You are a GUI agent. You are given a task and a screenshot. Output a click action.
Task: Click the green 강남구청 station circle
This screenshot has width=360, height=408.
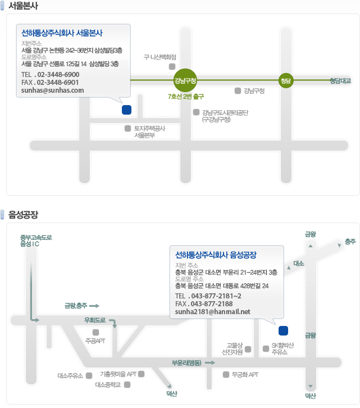pyautogui.click(x=185, y=80)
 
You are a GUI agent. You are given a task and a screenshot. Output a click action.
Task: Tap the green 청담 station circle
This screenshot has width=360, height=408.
pyautogui.click(x=286, y=81)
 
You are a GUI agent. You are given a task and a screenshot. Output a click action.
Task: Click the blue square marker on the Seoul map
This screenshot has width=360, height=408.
pyautogui.click(x=127, y=110)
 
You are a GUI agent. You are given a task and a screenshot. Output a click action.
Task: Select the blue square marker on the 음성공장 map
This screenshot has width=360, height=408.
pyautogui.click(x=283, y=330)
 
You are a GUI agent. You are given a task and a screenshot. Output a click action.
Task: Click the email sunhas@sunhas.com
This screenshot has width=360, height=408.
pyautogui.click(x=53, y=90)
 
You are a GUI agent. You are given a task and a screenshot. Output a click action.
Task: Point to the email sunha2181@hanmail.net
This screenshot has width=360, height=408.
pyautogui.click(x=212, y=312)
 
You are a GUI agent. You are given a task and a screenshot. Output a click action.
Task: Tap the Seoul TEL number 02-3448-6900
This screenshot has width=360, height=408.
pyautogui.click(x=58, y=75)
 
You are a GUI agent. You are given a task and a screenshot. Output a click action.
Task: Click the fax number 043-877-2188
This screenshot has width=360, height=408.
pyautogui.click(x=212, y=304)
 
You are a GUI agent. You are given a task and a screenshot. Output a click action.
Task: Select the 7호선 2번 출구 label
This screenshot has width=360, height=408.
pyautogui.click(x=186, y=97)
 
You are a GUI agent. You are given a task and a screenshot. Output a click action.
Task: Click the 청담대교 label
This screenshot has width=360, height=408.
pyautogui.click(x=340, y=81)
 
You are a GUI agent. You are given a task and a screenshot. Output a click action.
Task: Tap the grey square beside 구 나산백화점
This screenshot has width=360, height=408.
pyautogui.click(x=172, y=66)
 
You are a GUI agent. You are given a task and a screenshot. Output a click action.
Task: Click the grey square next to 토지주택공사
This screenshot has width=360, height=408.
pyautogui.click(x=127, y=128)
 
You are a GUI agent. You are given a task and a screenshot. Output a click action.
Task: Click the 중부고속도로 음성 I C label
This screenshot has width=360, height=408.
pyautogui.click(x=36, y=241)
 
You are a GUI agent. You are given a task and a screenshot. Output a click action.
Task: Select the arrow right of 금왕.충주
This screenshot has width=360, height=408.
pyautogui.click(x=94, y=306)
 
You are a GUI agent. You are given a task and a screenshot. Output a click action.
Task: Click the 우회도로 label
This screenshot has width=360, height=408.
pyautogui.click(x=95, y=320)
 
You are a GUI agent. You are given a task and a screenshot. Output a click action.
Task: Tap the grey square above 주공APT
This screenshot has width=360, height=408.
pyautogui.click(x=95, y=332)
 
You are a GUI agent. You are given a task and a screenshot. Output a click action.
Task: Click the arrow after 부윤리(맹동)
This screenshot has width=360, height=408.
pyautogui.click(x=210, y=362)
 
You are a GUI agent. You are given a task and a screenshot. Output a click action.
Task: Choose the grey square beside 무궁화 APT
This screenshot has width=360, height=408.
pyautogui.click(x=226, y=374)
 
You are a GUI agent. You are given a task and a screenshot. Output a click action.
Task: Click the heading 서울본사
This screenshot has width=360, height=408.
pyautogui.click(x=23, y=6)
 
